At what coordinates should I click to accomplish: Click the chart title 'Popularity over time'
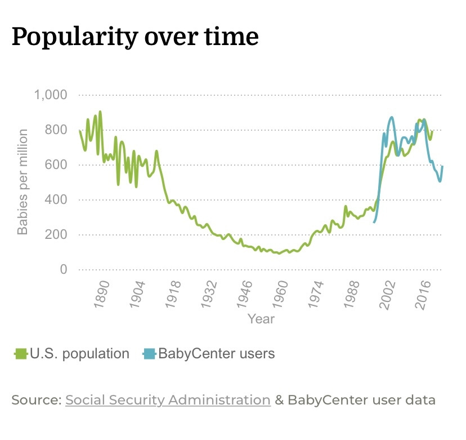pyautogui.click(x=135, y=37)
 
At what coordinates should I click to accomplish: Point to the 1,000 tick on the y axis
pyautogui.click(x=51, y=95)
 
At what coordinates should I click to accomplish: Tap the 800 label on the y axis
pyautogui.click(x=56, y=130)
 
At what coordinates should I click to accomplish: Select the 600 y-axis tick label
pyautogui.click(x=56, y=165)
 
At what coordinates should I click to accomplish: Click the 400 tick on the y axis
pyautogui.click(x=56, y=200)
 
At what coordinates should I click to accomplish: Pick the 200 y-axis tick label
pyautogui.click(x=56, y=235)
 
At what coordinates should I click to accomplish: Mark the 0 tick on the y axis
pyautogui.click(x=64, y=270)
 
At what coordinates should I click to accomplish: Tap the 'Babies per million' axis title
pyautogui.click(x=23, y=182)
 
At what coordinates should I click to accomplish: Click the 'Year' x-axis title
pyautogui.click(x=261, y=319)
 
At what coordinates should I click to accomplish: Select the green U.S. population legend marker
pyautogui.click(x=21, y=354)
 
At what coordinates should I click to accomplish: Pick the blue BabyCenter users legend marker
pyautogui.click(x=149, y=354)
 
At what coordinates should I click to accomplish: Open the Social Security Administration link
pyautogui.click(x=168, y=400)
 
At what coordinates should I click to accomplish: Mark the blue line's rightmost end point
pyautogui.click(x=442, y=166)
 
